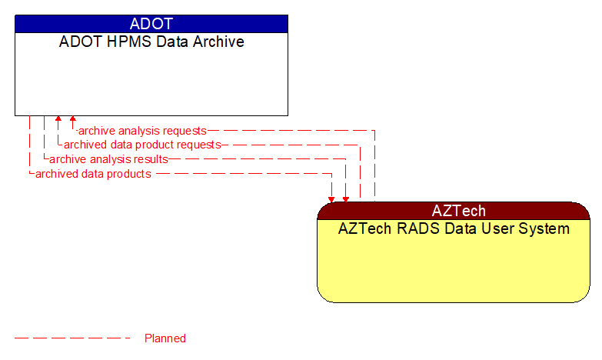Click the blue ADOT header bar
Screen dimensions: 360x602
(x=151, y=24)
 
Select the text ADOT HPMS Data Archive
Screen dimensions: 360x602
(x=151, y=42)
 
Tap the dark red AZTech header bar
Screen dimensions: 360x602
(x=454, y=211)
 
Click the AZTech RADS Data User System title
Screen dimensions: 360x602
(x=454, y=228)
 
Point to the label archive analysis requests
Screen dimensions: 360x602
(x=142, y=131)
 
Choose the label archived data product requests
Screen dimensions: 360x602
(x=142, y=145)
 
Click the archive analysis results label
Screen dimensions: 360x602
(x=108, y=159)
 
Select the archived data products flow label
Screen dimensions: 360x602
(x=93, y=174)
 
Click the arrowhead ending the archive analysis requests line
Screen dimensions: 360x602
(x=73, y=120)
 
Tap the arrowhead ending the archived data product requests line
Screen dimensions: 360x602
(x=58, y=120)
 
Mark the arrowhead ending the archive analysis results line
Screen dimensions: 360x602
(x=346, y=198)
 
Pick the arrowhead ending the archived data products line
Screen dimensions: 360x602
(x=331, y=198)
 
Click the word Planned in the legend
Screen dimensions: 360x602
(x=165, y=338)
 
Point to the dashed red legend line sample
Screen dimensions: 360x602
(x=73, y=338)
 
